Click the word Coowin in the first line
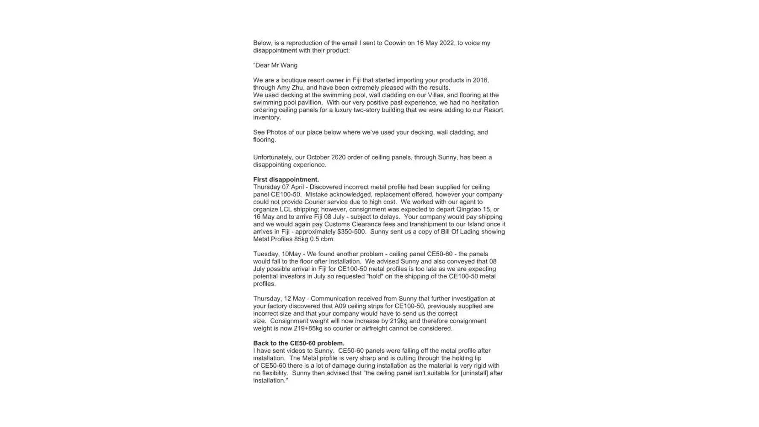pos(394,43)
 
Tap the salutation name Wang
pos(289,65)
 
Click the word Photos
pos(276,132)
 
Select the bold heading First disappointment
pos(286,180)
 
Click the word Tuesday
pos(266,254)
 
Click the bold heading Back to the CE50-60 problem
pos(298,343)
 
